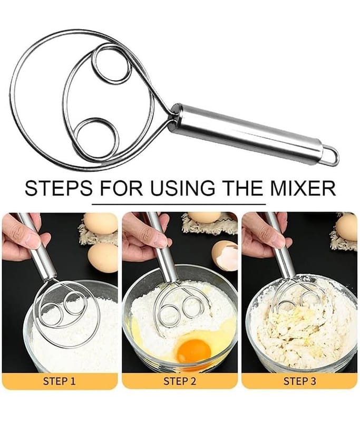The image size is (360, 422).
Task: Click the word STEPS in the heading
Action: tap(59, 188)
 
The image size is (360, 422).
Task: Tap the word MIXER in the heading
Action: tap(303, 188)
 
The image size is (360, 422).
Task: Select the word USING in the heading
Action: tap(182, 188)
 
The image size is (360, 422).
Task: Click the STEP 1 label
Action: tap(60, 381)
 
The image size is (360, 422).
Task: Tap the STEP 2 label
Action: tap(180, 381)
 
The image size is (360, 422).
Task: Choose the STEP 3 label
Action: tap(299, 381)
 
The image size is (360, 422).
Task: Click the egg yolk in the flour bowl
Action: tap(194, 351)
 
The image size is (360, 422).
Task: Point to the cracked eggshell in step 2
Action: tap(225, 256)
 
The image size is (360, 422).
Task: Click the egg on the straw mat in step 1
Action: tap(101, 223)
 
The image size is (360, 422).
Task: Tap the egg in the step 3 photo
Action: tap(347, 227)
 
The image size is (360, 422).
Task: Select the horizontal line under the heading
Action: tap(179, 204)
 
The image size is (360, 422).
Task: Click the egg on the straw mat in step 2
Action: tap(205, 217)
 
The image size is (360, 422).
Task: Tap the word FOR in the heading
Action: tap(121, 188)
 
